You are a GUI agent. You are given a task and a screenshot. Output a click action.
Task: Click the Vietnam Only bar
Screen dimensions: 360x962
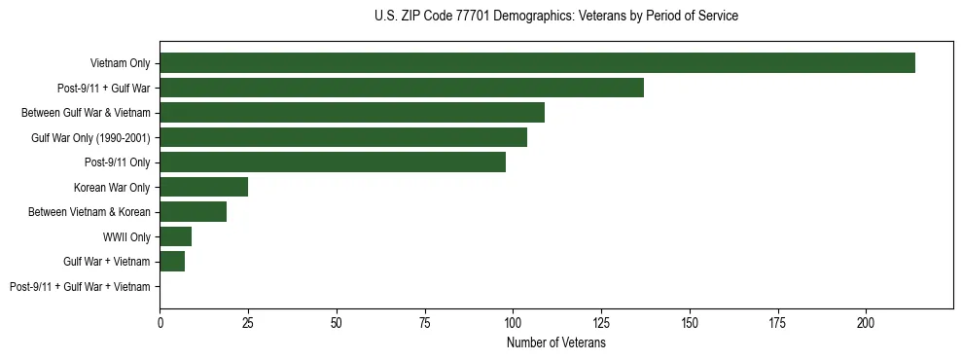537,62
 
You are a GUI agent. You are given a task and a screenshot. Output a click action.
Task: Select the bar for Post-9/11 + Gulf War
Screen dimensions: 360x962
402,88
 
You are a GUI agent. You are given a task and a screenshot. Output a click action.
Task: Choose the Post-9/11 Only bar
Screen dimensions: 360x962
333,162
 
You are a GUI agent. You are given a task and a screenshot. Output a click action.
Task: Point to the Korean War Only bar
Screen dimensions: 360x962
204,187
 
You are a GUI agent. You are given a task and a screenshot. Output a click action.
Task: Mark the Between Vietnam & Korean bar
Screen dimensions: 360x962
194,211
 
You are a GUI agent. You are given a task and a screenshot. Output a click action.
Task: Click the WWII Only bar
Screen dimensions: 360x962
176,236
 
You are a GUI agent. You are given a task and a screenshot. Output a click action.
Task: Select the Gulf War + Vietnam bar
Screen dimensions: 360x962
172,261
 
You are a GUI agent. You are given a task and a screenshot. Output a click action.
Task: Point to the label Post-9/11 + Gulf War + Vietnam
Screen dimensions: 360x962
80,287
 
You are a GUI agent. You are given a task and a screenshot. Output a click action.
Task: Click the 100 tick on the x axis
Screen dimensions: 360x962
513,319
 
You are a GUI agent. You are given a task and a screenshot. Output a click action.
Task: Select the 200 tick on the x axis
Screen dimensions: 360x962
866,319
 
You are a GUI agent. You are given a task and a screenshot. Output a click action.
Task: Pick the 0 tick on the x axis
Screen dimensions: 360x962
160,319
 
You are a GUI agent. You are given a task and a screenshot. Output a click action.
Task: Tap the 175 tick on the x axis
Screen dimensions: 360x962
777,319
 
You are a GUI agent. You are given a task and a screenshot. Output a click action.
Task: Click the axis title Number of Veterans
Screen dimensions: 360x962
555,343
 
